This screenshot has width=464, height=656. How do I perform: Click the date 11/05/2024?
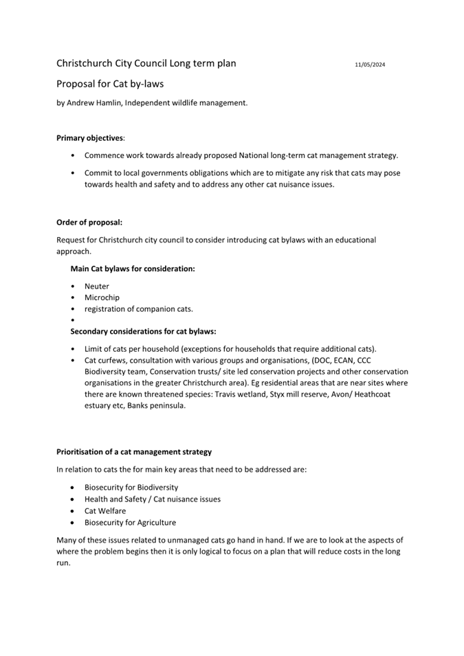click(370, 65)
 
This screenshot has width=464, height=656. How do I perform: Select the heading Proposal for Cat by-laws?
click(110, 84)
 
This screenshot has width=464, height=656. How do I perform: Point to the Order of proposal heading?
click(89, 222)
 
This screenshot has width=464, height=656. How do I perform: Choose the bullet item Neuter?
click(97, 286)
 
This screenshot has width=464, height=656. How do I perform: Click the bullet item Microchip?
click(102, 297)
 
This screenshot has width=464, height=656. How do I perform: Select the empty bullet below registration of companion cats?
click(73, 320)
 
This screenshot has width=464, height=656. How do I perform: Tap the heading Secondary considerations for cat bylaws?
click(143, 331)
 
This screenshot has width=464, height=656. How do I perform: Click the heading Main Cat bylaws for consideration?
click(133, 269)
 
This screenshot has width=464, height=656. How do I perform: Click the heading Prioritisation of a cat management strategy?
click(134, 451)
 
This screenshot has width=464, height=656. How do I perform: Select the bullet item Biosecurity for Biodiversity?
click(131, 488)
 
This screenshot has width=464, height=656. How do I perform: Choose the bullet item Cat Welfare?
click(105, 510)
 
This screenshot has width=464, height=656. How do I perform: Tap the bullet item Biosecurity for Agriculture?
click(130, 522)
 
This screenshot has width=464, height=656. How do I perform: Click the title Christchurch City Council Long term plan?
click(146, 64)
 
